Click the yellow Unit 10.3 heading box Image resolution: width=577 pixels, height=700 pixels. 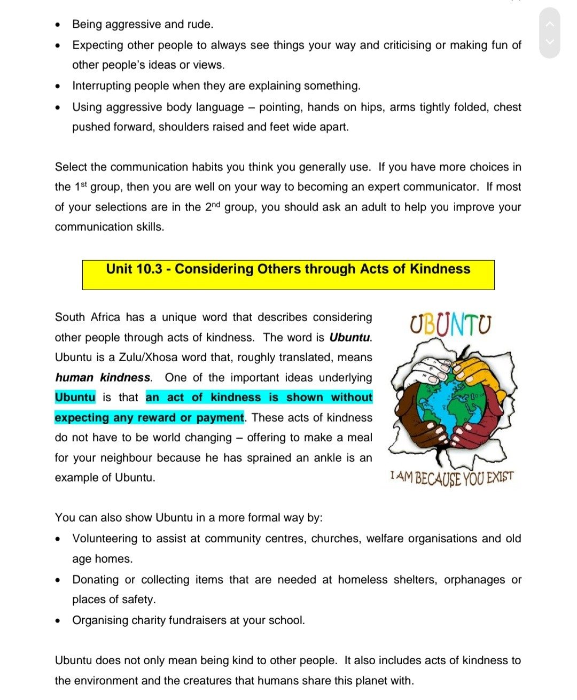pyautogui.click(x=288, y=275)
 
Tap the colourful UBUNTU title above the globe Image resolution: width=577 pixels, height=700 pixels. pyautogui.click(x=450, y=325)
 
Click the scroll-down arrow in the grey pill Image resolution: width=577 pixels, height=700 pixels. pyautogui.click(x=550, y=42)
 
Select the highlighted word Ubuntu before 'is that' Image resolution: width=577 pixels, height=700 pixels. pyautogui.click(x=75, y=398)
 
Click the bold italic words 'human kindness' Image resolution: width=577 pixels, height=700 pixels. pyautogui.click(x=103, y=378)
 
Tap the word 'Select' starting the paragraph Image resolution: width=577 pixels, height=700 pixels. pyautogui.click(x=71, y=167)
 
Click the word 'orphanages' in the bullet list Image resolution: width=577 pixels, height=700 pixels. pyautogui.click(x=474, y=580)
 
